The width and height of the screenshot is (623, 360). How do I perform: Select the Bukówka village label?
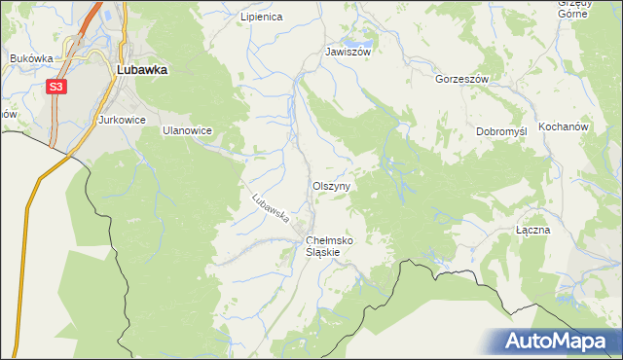[x=30, y=58]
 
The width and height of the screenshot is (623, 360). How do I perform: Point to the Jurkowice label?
[x=122, y=120]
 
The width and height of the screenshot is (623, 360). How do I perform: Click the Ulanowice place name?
[x=187, y=129]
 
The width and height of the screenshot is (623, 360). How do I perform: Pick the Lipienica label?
[x=260, y=18]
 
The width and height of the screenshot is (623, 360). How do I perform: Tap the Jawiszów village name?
[x=348, y=53]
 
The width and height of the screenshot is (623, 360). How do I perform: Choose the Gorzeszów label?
[x=461, y=79]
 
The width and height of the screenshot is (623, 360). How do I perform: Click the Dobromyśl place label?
[x=500, y=131]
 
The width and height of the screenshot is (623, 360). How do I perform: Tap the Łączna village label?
[x=533, y=231]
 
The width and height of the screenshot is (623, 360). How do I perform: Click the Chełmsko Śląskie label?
[x=329, y=245]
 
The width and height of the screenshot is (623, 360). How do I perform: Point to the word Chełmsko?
[x=329, y=239]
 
